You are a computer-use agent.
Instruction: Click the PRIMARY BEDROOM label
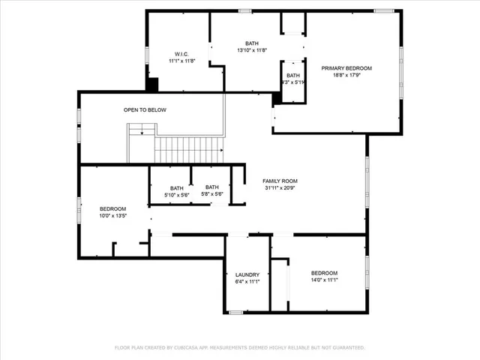point(346,68)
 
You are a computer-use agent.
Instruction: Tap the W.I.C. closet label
point(181,54)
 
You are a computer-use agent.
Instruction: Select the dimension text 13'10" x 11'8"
point(251,51)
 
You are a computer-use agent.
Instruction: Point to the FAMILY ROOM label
point(280,181)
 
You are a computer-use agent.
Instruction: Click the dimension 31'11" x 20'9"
point(280,188)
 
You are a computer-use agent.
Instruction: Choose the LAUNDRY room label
point(247,274)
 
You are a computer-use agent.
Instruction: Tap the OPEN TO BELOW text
point(145,110)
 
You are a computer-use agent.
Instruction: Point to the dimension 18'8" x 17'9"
point(346,75)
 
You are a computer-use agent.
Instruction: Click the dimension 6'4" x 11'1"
point(247,282)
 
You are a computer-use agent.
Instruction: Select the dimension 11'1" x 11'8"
point(181,61)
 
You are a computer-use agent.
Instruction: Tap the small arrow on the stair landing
point(142,133)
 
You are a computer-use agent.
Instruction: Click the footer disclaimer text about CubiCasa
point(239,347)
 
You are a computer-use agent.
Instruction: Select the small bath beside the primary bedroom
point(292,79)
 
